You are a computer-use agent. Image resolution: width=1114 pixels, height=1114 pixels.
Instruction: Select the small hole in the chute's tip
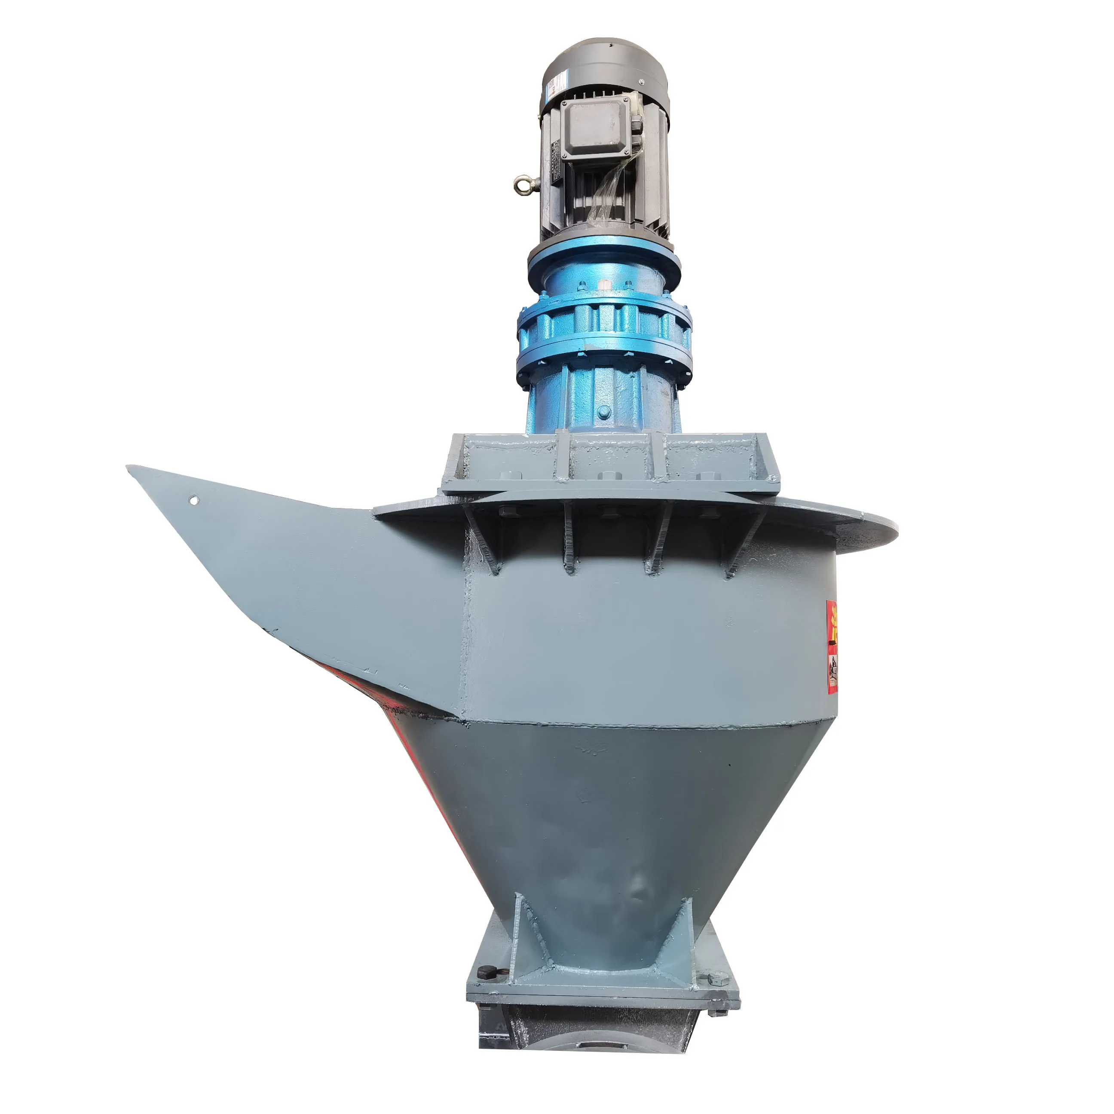tap(194, 501)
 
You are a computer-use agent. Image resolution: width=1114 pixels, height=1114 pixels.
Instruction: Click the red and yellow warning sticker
tap(832, 646)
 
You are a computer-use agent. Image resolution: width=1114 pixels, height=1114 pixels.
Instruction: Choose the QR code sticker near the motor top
tap(552, 86)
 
